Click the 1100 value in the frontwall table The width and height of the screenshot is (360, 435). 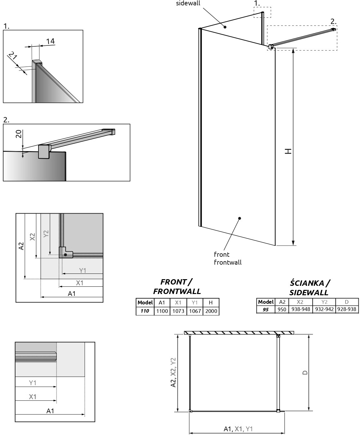tap(162, 311)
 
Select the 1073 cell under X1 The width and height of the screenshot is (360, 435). tap(178, 311)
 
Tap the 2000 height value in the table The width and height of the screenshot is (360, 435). tap(211, 311)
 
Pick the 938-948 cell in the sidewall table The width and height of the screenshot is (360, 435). tap(301, 309)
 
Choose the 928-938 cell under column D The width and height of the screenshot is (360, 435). tap(347, 309)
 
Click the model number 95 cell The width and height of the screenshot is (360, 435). tap(266, 309)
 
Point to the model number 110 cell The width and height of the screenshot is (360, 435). tap(145, 311)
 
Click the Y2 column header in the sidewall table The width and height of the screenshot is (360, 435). tap(324, 302)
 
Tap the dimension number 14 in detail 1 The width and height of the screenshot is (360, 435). tap(50, 41)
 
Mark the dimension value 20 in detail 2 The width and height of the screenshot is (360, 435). tap(19, 134)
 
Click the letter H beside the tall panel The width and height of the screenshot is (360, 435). tap(288, 151)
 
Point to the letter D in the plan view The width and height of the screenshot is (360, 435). tap(305, 373)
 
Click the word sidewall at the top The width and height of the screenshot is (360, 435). tap(188, 3)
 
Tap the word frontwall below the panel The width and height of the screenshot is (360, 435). tap(227, 262)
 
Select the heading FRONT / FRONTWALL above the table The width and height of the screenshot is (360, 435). tap(177, 286)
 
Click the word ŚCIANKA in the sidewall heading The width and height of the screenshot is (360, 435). tap(307, 283)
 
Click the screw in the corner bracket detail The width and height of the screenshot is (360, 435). tap(65, 255)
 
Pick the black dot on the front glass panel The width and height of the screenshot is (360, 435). tap(240, 218)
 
